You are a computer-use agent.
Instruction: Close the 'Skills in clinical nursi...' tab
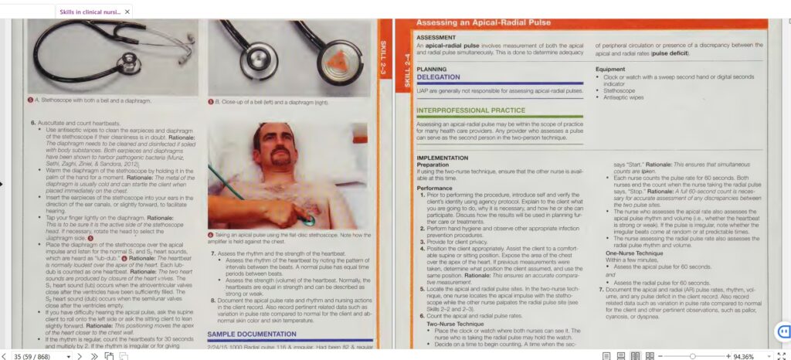pos(127,12)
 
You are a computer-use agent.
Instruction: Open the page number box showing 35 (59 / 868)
pos(33,355)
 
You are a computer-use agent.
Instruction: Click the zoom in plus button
pos(728,355)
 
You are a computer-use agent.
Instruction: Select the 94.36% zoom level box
pos(745,355)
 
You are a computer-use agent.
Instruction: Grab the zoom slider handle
pos(692,355)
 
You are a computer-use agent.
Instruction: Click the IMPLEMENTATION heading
pos(448,158)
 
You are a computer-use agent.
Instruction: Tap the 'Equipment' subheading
pos(610,70)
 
